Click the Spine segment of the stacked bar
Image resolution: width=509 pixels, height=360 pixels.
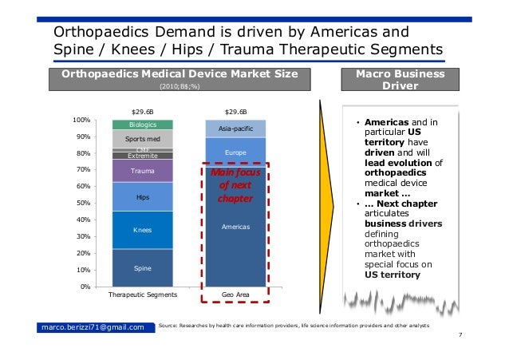click(142, 267)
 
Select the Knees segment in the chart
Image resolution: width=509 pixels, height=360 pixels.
click(142, 230)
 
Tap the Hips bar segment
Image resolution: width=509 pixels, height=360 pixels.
click(142, 197)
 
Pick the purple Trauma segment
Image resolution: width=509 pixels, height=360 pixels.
click(142, 171)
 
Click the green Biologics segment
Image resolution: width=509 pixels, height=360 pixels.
click(142, 125)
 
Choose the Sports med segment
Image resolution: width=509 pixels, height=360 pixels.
click(142, 139)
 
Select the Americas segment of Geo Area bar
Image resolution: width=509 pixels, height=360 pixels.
click(235, 227)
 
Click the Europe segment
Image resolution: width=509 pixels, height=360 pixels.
click(235, 152)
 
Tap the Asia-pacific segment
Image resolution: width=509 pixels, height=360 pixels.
click(235, 129)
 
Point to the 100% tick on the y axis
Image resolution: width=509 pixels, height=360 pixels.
click(80, 120)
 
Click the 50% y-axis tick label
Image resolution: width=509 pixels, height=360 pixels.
click(82, 204)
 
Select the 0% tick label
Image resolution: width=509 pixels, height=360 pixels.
click(84, 287)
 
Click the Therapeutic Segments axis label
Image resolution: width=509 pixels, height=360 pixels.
click(142, 295)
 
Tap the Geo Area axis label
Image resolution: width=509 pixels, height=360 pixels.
click(235, 295)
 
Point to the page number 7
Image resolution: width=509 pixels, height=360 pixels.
click(460, 336)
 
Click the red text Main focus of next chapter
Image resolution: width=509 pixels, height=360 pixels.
click(235, 185)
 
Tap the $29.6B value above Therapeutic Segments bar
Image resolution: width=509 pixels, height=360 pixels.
click(142, 113)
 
